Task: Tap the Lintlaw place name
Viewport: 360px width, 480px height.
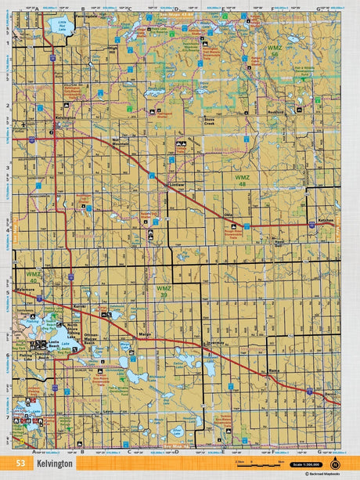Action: point(178,185)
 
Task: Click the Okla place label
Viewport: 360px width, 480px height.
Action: point(229,213)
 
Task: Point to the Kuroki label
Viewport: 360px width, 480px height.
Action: point(79,306)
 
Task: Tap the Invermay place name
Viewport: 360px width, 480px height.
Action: point(216,343)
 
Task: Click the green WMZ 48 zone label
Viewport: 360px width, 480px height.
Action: point(243,179)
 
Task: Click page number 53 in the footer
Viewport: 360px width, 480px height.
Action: point(30,464)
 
